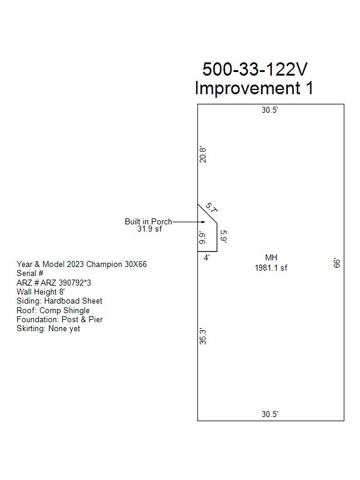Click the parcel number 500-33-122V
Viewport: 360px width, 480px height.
254,69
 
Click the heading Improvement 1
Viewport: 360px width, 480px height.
254,88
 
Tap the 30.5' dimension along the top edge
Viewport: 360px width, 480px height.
269,110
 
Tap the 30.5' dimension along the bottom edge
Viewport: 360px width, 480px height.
269,414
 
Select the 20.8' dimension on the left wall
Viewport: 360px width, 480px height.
203,155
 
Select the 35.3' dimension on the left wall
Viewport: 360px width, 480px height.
203,337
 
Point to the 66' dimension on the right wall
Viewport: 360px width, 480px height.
337,263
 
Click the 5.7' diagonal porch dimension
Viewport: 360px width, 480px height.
212,208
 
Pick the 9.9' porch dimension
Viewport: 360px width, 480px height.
202,238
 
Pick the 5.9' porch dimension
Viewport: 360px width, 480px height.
223,236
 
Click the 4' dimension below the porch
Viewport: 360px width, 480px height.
206,258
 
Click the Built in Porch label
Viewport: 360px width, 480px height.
148,221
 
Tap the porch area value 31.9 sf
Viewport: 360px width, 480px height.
149,229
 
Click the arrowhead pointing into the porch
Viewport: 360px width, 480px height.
203,222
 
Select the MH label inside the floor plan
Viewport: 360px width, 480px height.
271,258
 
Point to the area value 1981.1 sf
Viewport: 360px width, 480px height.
271,268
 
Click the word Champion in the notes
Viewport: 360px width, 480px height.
104,264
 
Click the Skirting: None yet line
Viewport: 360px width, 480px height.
49,328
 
